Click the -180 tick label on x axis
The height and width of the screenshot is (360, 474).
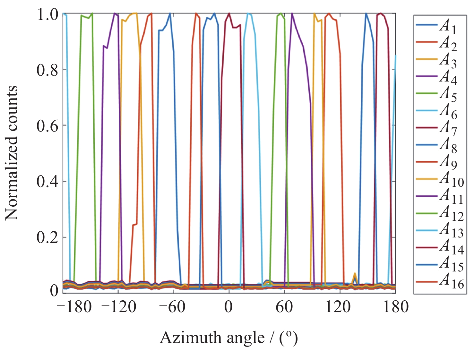[74, 307]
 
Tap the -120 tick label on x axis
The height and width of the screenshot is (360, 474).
[119, 307]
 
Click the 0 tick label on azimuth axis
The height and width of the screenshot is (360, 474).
[228, 307]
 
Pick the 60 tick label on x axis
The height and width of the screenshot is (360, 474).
[284, 307]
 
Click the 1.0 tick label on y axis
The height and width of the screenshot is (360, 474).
[47, 14]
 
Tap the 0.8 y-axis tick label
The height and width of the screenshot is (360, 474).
[47, 70]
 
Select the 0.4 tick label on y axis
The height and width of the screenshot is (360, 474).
[47, 182]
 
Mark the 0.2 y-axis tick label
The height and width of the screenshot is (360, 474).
[47, 237]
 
